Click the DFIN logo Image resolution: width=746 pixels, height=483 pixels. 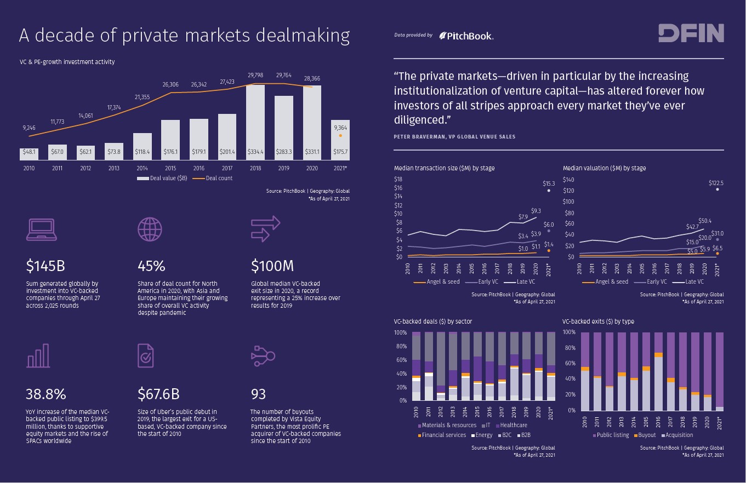(691, 33)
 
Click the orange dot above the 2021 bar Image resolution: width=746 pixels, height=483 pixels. (340, 135)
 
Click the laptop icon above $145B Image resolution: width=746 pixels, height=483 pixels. (41, 229)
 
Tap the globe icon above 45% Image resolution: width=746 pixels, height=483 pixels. (150, 229)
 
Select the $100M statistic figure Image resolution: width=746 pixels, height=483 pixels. (272, 266)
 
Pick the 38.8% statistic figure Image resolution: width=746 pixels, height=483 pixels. (45, 394)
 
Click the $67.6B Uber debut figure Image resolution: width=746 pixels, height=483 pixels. (158, 394)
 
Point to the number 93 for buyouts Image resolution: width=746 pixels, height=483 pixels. (258, 394)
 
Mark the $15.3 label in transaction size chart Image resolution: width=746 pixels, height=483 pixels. (549, 184)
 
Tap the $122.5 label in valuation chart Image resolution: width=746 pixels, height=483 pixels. (716, 183)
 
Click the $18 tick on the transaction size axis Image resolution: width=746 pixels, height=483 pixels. (398, 179)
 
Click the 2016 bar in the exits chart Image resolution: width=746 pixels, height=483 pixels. (658, 381)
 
